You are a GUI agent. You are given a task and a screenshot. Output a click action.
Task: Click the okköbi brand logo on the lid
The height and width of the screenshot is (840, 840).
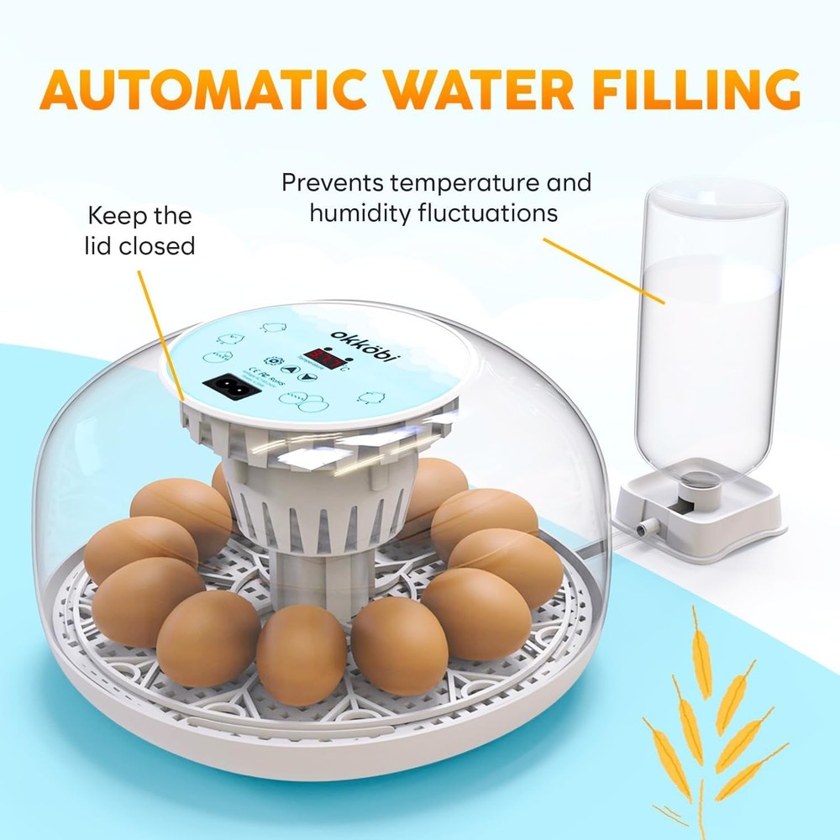click(x=366, y=345)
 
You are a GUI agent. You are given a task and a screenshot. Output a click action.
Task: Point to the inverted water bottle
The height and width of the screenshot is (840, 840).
click(x=710, y=336)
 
